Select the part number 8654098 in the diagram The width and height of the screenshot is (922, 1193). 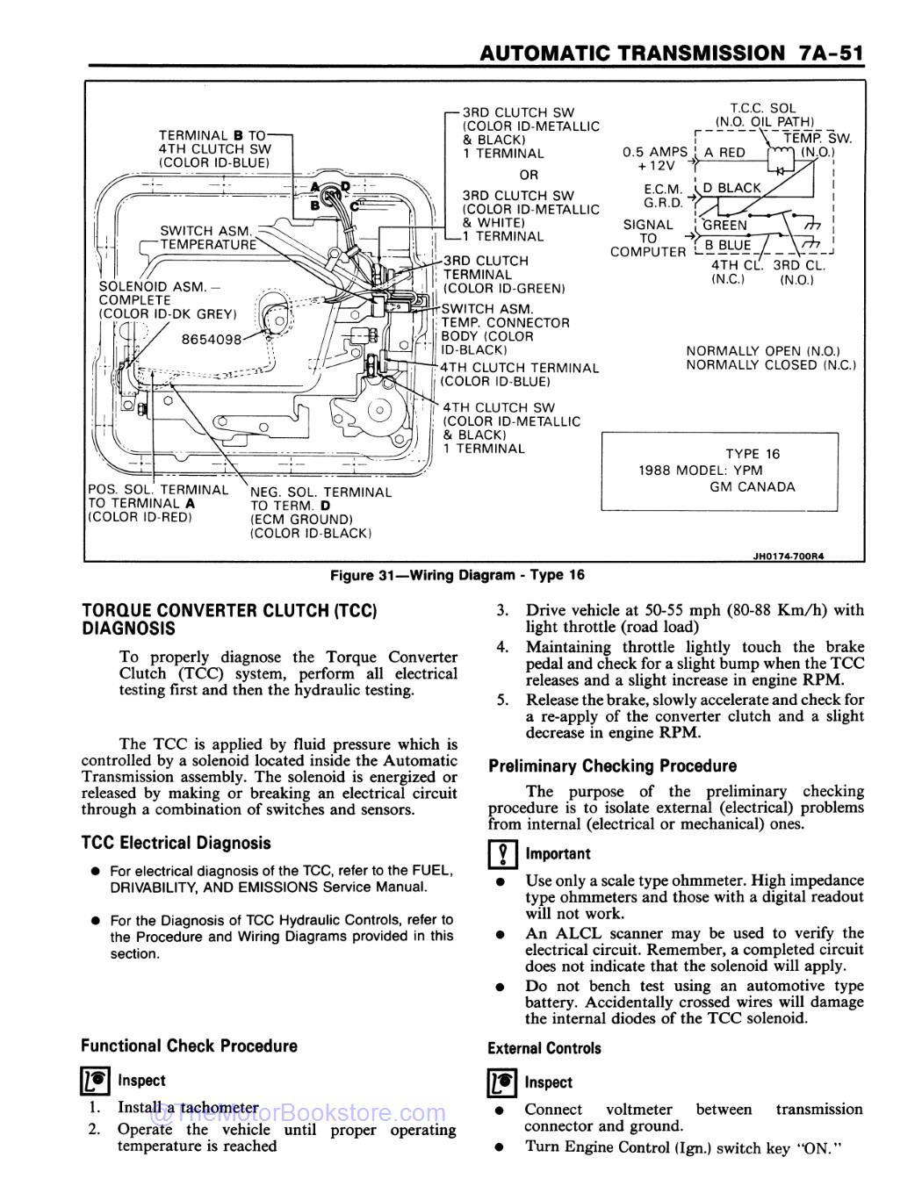(x=210, y=339)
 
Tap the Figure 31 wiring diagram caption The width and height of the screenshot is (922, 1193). (x=457, y=575)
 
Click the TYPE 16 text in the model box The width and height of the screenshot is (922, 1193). (x=752, y=454)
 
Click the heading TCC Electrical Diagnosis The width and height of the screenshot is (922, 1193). (x=176, y=843)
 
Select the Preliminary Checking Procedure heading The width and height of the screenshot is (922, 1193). (x=612, y=765)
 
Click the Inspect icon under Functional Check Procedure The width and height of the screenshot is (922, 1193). (x=94, y=1082)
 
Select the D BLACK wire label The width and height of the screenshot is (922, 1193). (x=732, y=187)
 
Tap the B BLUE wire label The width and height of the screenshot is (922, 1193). (x=727, y=245)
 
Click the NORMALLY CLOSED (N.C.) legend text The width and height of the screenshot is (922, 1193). (x=770, y=365)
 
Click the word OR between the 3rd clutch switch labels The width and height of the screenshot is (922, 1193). (x=528, y=175)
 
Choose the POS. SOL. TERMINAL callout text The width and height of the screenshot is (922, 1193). (x=158, y=490)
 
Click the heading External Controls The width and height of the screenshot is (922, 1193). (x=544, y=1048)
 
